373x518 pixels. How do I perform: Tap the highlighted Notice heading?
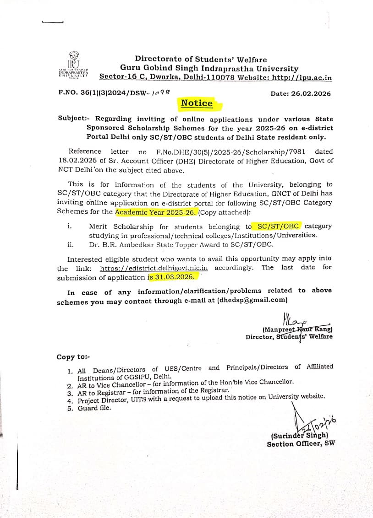point(197,103)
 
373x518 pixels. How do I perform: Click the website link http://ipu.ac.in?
point(302,77)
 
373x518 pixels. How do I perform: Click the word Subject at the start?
point(71,119)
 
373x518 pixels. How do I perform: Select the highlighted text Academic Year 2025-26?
point(156,212)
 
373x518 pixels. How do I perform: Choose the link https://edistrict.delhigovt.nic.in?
point(154,268)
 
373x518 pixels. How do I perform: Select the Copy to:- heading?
point(73,357)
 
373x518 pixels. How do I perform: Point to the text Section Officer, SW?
point(301,444)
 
